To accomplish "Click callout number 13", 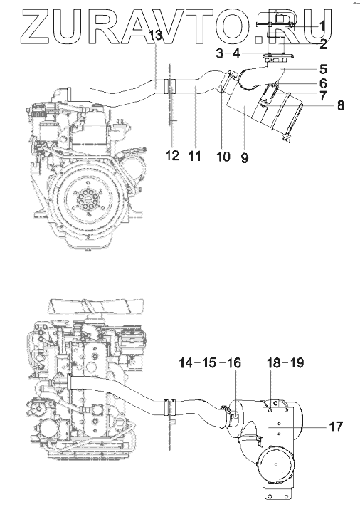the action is tap(155, 35).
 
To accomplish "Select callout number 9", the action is tap(245, 158).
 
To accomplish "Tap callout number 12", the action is tap(172, 155).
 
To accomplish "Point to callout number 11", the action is tap(194, 156).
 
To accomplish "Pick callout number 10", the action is tap(223, 156).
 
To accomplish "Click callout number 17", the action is tap(335, 427).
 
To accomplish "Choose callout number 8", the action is tap(341, 105).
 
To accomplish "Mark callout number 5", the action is tap(324, 69).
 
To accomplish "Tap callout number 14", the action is tap(186, 362).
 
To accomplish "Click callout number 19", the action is tap(297, 362).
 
